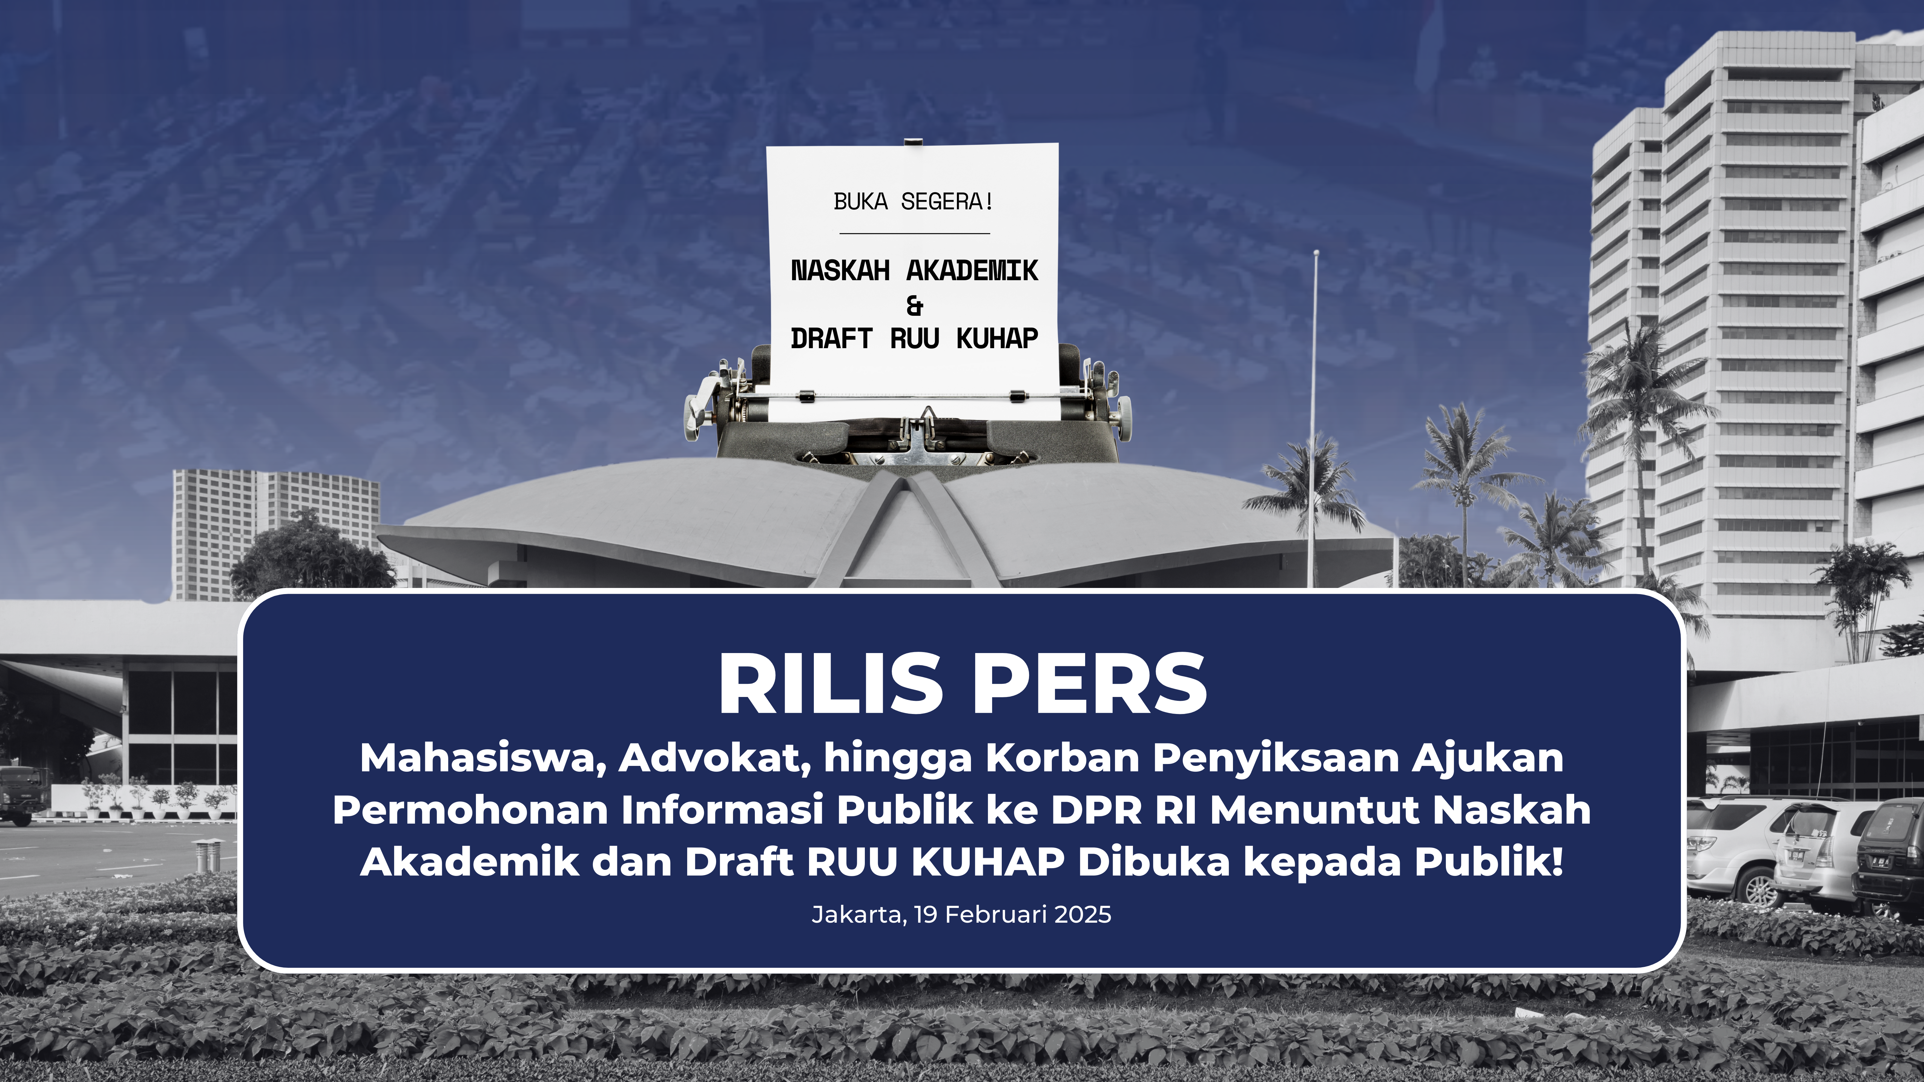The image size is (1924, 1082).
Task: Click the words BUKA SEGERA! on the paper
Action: pos(913,202)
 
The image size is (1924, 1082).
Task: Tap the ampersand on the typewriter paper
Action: pos(914,306)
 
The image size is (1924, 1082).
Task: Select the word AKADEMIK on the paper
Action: pos(972,270)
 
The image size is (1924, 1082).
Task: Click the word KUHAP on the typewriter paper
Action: pos(997,338)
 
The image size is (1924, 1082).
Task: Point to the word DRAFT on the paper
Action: pos(831,338)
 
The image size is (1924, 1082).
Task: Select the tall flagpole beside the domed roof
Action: pos(1312,418)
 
